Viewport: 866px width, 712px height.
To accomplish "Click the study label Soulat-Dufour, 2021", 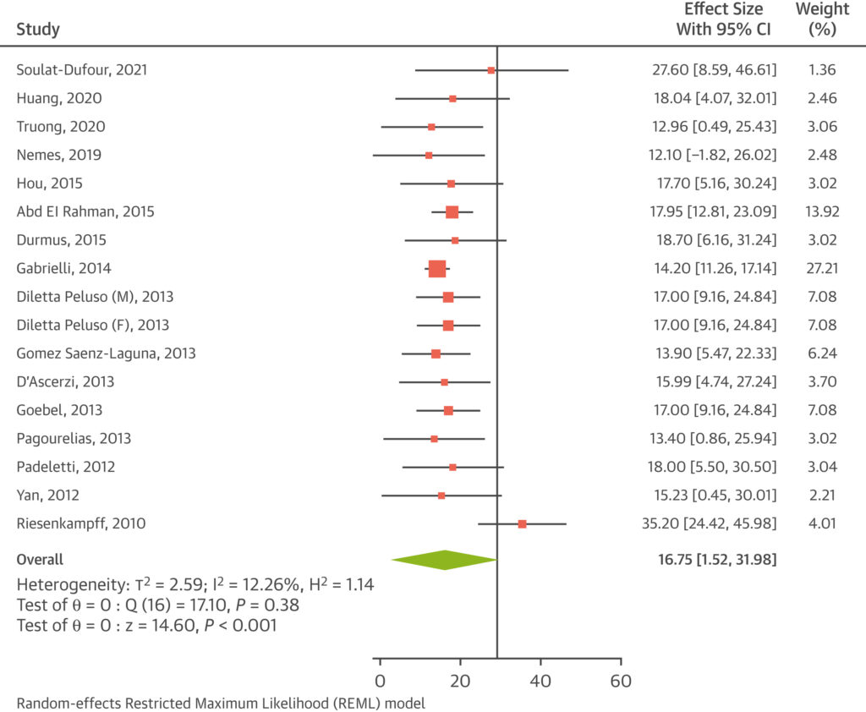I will [81, 70].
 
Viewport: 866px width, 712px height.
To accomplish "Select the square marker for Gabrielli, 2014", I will [437, 269].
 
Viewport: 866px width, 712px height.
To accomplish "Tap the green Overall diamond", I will [445, 560].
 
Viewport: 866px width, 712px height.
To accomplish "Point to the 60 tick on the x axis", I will [621, 659].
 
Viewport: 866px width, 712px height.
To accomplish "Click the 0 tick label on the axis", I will [381, 682].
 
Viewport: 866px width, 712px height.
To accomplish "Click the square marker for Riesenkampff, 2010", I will [522, 524].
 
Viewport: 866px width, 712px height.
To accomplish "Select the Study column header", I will [38, 30].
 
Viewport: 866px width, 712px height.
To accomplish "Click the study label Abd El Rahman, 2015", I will [85, 212].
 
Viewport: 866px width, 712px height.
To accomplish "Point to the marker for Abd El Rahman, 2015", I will [452, 212].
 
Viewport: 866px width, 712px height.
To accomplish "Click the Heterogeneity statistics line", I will [195, 585].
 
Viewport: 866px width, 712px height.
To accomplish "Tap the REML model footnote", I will [220, 703].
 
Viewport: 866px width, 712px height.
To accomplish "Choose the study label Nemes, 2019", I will [59, 156].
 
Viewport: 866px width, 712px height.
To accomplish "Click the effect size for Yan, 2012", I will [709, 496].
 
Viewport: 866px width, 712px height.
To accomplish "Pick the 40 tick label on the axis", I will [540, 682].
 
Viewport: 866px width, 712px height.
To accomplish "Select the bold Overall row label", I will [40, 560].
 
